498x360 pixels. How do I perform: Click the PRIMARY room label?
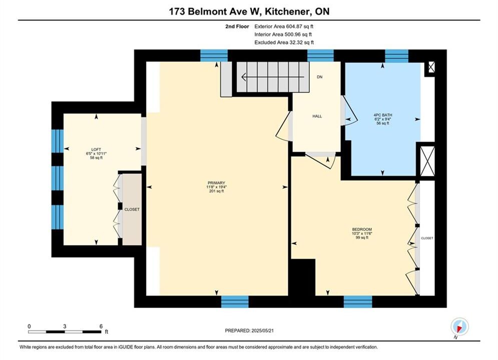click(x=216, y=183)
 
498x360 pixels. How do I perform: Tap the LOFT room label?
click(x=96, y=149)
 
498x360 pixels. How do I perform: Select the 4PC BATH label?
click(x=383, y=115)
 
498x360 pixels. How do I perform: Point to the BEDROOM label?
click(x=362, y=229)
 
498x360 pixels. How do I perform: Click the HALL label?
click(x=317, y=116)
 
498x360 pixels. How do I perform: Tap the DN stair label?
click(x=319, y=77)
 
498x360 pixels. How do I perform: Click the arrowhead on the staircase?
click(x=244, y=77)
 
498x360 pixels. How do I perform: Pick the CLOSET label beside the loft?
click(x=132, y=209)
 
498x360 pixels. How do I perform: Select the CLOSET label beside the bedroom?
click(x=427, y=238)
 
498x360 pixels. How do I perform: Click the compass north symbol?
click(x=459, y=326)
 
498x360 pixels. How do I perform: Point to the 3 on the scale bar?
click(x=65, y=326)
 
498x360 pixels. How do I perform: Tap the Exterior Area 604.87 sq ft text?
click(x=284, y=26)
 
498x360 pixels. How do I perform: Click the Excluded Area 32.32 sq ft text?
click(x=284, y=42)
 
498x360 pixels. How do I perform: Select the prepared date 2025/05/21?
click(x=262, y=330)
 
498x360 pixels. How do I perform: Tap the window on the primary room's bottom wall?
click(x=235, y=301)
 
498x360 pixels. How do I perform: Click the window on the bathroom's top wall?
click(x=397, y=56)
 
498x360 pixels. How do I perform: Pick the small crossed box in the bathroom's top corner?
click(x=431, y=67)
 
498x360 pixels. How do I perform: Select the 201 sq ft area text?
click(x=216, y=191)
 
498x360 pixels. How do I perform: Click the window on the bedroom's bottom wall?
click(x=358, y=301)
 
